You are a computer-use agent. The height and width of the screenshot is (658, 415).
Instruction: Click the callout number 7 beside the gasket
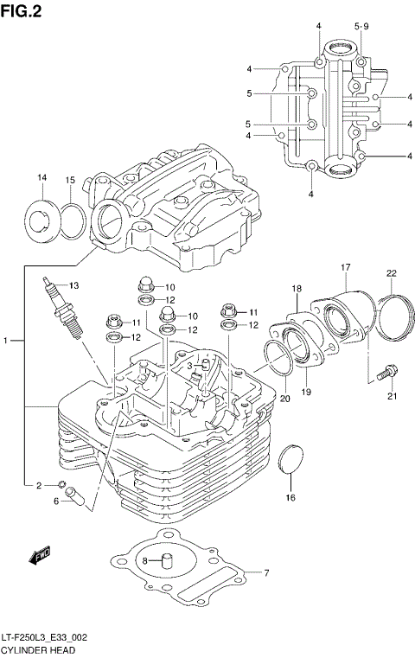tap(267, 572)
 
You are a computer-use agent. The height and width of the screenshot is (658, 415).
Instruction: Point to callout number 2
tap(38, 485)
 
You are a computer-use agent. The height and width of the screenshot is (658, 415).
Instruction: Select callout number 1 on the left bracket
tap(6, 342)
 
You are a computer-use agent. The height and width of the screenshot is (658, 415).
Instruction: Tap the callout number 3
tap(189, 366)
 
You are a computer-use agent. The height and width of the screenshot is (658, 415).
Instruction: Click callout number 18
tap(296, 288)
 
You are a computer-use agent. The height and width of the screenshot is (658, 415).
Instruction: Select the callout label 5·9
tap(361, 26)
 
